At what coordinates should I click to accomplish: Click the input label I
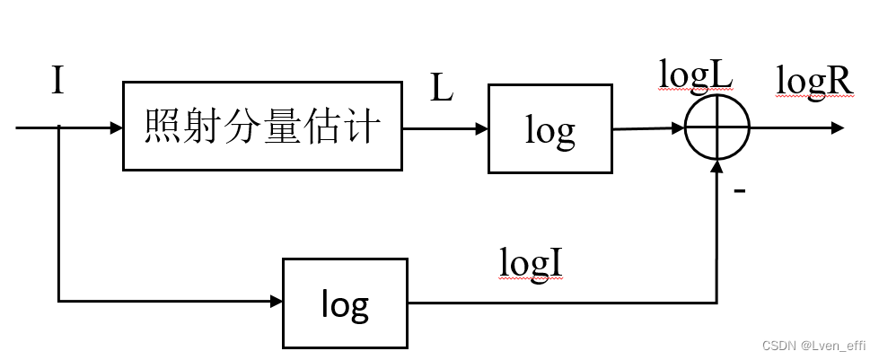tap(57, 82)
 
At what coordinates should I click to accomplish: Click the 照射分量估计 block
tap(262, 127)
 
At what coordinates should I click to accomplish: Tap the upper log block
tap(549, 129)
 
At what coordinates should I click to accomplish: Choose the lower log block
tap(345, 303)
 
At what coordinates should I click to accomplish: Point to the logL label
tap(696, 76)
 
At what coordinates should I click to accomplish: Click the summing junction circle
tap(717, 127)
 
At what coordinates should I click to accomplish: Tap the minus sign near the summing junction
tap(740, 191)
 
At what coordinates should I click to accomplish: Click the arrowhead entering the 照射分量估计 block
tap(116, 127)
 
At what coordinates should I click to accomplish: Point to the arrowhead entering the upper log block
tap(481, 128)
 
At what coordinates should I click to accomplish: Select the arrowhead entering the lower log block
tap(276, 301)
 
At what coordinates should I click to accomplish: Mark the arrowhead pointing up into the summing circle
tap(717, 167)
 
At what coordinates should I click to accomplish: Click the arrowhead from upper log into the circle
tap(678, 128)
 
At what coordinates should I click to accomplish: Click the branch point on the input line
tap(58, 127)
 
